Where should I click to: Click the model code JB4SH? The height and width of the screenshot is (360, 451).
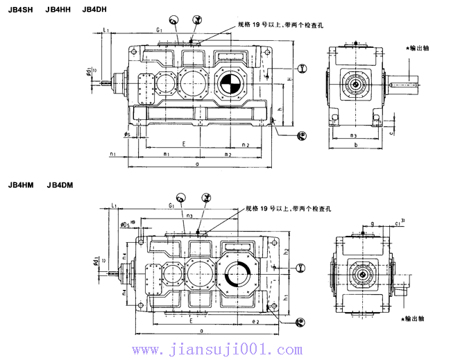[20, 8]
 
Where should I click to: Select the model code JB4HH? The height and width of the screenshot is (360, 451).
[58, 8]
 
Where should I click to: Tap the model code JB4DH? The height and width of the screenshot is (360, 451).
[95, 8]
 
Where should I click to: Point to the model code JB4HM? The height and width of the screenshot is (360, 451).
[20, 185]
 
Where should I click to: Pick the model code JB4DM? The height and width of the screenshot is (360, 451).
[60, 185]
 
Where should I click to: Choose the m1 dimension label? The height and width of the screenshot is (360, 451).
[167, 154]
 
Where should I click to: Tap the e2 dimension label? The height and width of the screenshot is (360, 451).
[255, 322]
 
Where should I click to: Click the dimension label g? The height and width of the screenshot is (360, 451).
[372, 223]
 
